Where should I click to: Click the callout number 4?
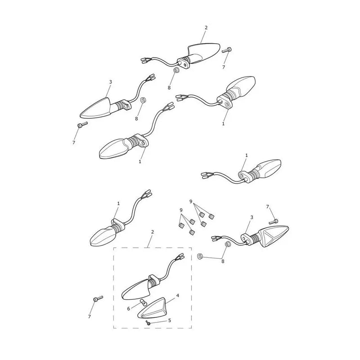click(177, 295)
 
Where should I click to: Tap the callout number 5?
click(170, 320)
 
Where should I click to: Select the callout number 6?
click(129, 309)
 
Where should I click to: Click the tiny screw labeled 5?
click(148, 323)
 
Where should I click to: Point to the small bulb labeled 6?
click(143, 302)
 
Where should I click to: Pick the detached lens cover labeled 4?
click(152, 307)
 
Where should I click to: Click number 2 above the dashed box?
click(153, 232)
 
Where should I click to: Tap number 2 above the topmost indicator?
click(206, 27)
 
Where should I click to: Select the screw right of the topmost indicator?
click(227, 50)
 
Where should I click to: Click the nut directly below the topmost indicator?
click(176, 70)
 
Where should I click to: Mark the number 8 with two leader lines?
click(222, 261)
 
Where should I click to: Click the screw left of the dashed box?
click(98, 298)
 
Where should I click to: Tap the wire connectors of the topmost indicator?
click(144, 60)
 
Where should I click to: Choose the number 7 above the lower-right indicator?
click(267, 207)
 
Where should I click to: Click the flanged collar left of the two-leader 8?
click(200, 256)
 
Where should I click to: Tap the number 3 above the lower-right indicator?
click(252, 217)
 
